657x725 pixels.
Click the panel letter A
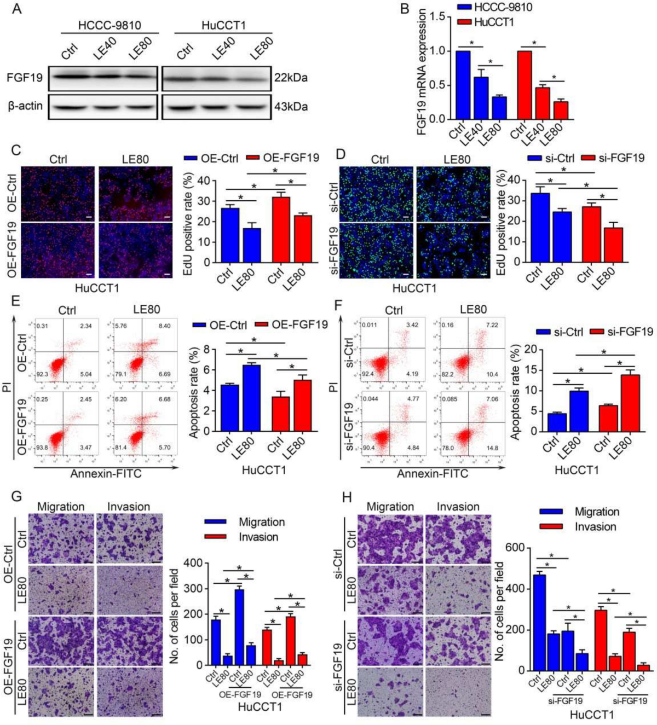point(16,9)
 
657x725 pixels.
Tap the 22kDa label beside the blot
point(291,78)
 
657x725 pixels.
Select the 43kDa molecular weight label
point(291,106)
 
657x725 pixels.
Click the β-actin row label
point(25,106)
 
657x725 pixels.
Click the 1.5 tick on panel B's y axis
point(436,17)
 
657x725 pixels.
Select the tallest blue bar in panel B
point(463,85)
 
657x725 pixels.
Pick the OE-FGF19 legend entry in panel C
point(284,158)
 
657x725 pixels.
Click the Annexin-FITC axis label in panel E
point(106,473)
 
